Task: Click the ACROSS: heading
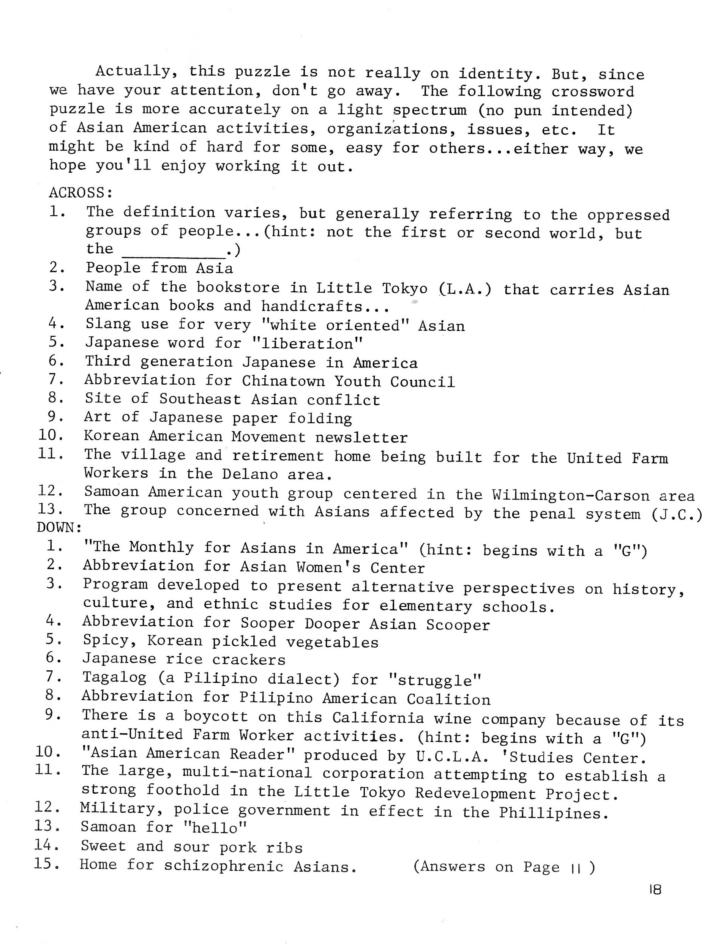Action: [81, 192]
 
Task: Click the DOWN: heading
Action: [59, 528]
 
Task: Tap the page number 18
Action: [655, 890]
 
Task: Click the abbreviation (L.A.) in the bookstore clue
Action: [466, 288]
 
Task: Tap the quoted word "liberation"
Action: [307, 344]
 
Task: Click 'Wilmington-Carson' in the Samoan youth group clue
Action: [570, 495]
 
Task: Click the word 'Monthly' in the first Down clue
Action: [161, 548]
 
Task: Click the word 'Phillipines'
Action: [553, 813]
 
